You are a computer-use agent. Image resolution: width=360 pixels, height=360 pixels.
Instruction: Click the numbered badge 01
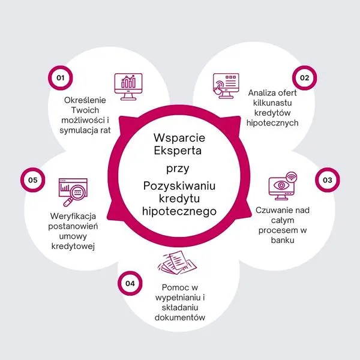click(61, 78)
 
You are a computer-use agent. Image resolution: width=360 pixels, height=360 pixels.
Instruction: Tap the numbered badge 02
click(304, 78)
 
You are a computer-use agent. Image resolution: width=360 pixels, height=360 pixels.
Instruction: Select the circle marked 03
click(328, 180)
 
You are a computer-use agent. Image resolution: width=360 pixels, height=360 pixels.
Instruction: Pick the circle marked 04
click(130, 283)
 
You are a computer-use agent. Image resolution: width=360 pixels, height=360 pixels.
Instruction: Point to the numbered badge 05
click(32, 180)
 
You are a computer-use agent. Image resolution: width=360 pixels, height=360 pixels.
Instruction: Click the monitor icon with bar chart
click(128, 87)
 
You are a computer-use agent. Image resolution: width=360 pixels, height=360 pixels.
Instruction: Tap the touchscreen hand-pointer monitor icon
click(226, 86)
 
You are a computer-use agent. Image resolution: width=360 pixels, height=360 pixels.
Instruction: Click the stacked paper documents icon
click(177, 263)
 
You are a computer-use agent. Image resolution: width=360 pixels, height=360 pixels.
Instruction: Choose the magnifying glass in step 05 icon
click(74, 195)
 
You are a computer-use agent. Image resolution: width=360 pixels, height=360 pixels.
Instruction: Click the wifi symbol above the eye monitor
click(292, 177)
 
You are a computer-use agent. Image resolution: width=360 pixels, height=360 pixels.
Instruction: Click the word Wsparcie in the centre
click(179, 138)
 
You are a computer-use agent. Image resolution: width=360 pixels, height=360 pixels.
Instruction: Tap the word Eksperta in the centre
click(178, 151)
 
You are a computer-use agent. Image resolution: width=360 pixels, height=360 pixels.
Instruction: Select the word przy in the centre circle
click(178, 169)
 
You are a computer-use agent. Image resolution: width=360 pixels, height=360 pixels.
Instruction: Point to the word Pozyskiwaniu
click(179, 186)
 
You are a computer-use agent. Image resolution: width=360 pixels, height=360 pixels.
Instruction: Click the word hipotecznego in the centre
click(179, 211)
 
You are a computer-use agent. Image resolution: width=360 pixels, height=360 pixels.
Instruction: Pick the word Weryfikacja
click(73, 216)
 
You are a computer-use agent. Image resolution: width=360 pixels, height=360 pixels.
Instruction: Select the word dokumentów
click(180, 317)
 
